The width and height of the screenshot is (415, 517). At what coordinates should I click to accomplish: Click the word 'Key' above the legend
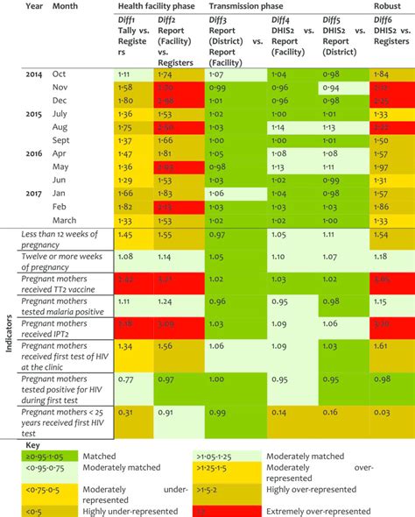[x=34, y=443]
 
